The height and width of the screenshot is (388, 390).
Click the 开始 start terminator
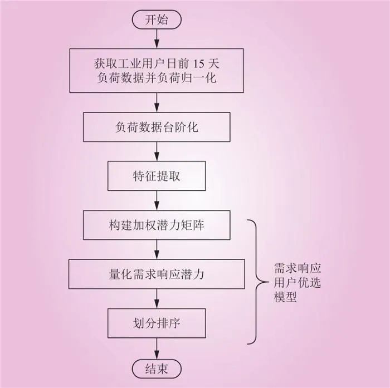[x=157, y=19]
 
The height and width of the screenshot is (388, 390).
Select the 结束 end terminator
[x=157, y=369]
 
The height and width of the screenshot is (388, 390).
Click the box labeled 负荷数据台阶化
[x=157, y=127]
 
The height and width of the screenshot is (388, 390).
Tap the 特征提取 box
[x=157, y=176]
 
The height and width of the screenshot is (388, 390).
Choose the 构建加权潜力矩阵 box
[x=157, y=225]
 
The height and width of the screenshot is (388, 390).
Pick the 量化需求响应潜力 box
[x=157, y=274]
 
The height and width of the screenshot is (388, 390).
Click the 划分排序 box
[x=157, y=323]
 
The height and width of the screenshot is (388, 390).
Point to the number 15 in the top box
[x=198, y=64]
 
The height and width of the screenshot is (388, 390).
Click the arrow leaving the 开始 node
[x=157, y=39]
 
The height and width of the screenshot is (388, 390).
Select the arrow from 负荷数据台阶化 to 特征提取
[x=157, y=151]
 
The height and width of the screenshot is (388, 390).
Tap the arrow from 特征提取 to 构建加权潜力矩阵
[x=157, y=200]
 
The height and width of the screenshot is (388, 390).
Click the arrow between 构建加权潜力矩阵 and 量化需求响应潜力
[x=157, y=249]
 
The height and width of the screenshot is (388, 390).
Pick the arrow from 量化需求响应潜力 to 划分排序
[x=157, y=298]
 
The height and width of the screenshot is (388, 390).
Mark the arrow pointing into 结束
[x=157, y=348]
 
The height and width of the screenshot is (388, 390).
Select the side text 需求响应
[x=297, y=268]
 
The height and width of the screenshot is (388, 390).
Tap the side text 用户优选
[x=297, y=283]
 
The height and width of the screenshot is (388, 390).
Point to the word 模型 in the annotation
[x=285, y=297]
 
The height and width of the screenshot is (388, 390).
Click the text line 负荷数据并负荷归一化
[x=157, y=78]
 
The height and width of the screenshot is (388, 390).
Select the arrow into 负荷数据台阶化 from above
[x=157, y=102]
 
